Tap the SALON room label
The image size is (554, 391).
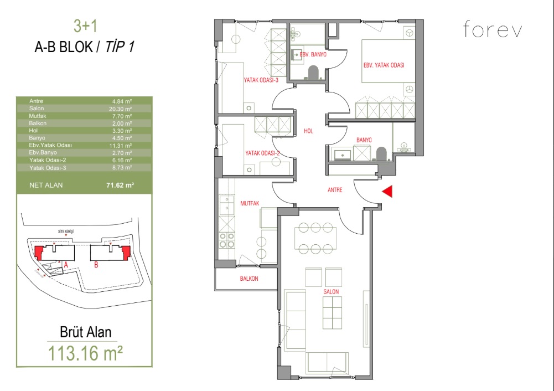click(x=331, y=292)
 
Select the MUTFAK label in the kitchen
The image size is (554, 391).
click(x=250, y=203)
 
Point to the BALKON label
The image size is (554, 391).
click(x=249, y=279)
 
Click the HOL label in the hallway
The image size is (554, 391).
click(x=308, y=131)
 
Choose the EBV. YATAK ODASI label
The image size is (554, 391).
click(x=384, y=65)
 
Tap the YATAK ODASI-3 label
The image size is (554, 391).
click(x=261, y=80)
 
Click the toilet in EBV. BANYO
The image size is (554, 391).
click(x=313, y=73)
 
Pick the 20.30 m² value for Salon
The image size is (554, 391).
click(x=121, y=109)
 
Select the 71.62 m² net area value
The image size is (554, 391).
click(x=120, y=185)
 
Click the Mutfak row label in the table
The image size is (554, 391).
click(x=38, y=116)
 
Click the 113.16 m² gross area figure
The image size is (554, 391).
click(x=85, y=353)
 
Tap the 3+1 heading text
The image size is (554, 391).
click(x=85, y=26)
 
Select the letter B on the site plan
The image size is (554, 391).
click(x=96, y=264)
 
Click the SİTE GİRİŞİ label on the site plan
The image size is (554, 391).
click(x=66, y=231)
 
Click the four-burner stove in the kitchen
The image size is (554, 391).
click(x=226, y=240)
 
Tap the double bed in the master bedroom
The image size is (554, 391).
click(x=388, y=61)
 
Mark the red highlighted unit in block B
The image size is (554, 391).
click(x=126, y=252)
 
